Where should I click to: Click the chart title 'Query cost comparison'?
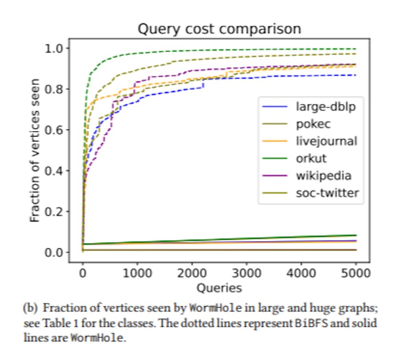pyautogui.click(x=219, y=29)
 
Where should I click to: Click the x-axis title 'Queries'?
pyautogui.click(x=219, y=288)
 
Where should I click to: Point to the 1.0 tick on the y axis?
pyautogui.click(x=56, y=48)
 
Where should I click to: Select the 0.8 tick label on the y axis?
pyautogui.click(x=56, y=89)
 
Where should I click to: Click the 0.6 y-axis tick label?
pyautogui.click(x=56, y=130)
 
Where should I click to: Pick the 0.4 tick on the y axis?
pyautogui.click(x=56, y=171)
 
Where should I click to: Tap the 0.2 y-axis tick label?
pyautogui.click(x=56, y=211)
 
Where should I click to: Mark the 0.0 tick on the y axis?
pyautogui.click(x=56, y=252)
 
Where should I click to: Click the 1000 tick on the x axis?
pyautogui.click(x=137, y=274)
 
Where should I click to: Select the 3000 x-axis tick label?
pyautogui.click(x=246, y=274)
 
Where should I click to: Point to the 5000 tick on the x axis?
pyautogui.click(x=356, y=274)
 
